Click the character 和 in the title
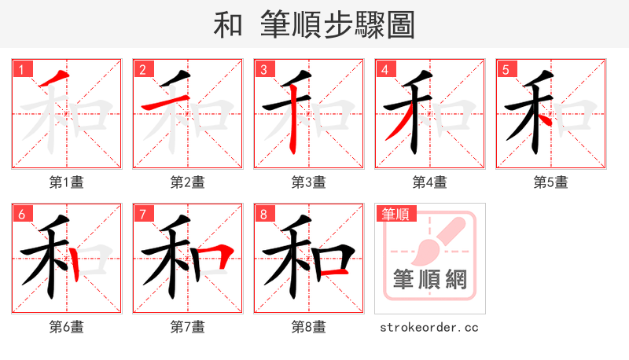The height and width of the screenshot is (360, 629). [228, 25]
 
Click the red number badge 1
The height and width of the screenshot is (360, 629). [20, 69]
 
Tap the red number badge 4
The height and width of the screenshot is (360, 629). [384, 69]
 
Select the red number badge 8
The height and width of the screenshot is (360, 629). [263, 214]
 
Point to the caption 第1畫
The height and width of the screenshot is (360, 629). [66, 182]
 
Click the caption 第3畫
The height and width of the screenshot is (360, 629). [308, 182]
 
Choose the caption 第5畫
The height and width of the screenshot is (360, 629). [550, 182]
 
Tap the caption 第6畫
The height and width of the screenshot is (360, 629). [66, 326]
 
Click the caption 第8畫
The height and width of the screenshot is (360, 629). [308, 326]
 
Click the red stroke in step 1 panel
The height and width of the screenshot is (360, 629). [52, 79]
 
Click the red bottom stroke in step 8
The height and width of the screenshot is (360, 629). [336, 271]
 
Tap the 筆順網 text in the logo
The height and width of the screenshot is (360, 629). [429, 280]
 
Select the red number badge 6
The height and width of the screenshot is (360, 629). [20, 214]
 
